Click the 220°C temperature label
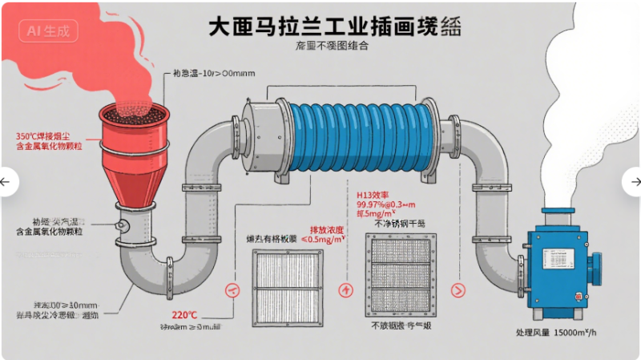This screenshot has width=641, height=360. click(183, 314)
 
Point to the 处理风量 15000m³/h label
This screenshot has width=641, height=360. click(560, 331)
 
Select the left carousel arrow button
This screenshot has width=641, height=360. click(6, 182)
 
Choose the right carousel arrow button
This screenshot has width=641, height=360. click(634, 182)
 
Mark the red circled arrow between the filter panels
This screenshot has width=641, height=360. click(345, 289)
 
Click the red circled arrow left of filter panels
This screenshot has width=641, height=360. click(233, 289)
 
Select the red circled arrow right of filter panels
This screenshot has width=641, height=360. click(459, 289)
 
